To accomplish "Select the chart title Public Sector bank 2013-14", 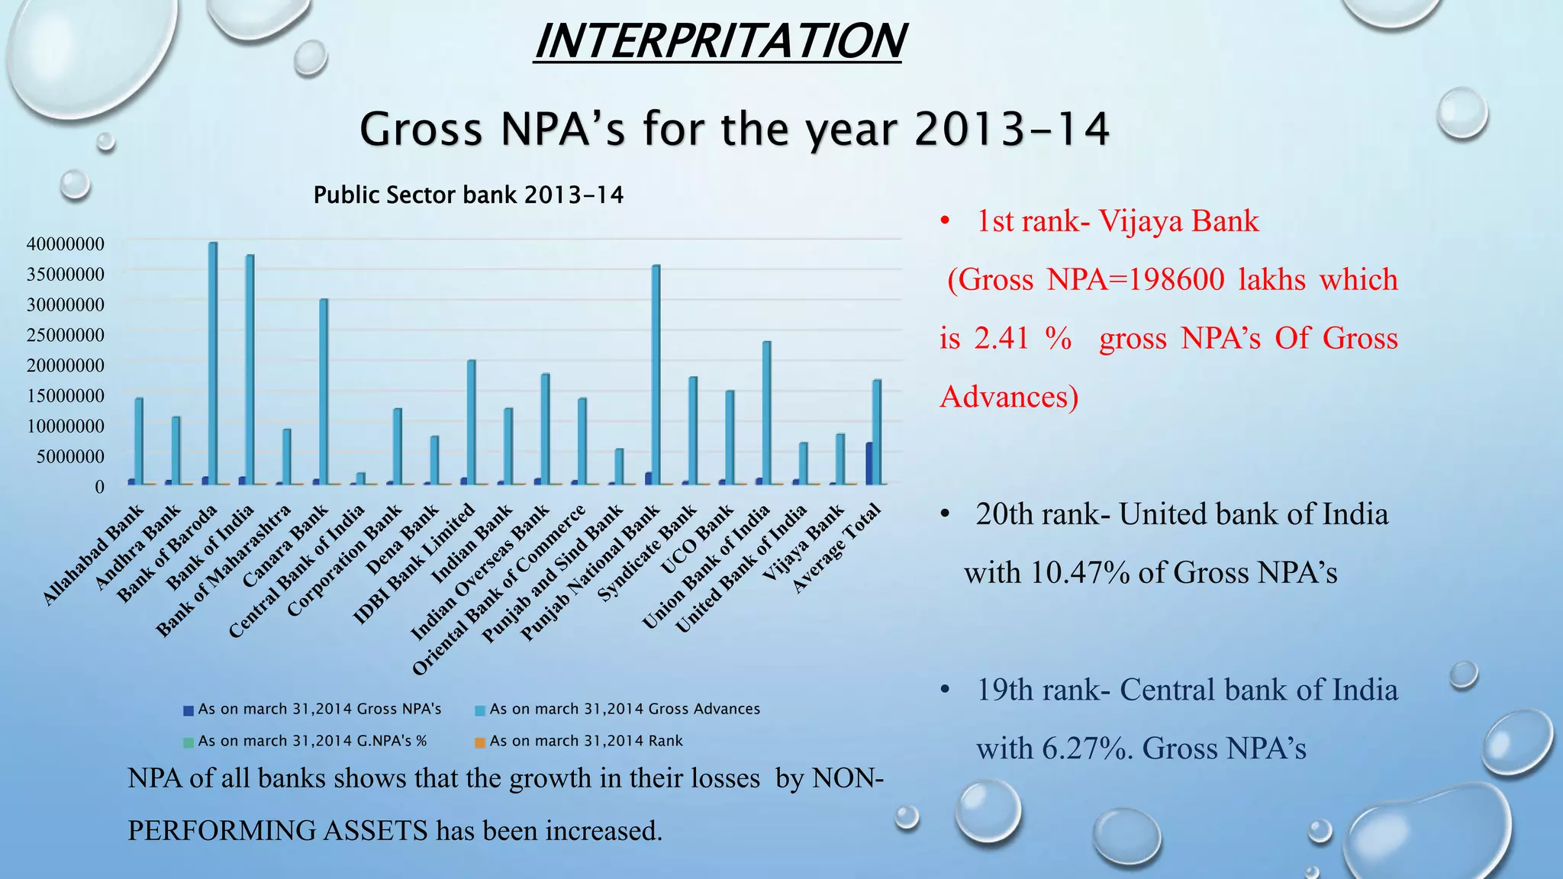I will tap(468, 195).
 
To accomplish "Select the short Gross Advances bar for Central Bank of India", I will tap(361, 478).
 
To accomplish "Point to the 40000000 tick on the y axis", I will tap(65, 244).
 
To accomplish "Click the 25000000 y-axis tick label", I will tap(65, 335).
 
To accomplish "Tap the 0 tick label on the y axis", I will tap(99, 487).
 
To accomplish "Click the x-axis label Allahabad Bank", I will tap(93, 555).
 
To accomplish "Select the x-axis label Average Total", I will tap(837, 548).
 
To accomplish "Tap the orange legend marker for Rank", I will tap(480, 742).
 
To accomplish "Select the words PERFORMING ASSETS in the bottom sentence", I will tap(277, 830).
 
